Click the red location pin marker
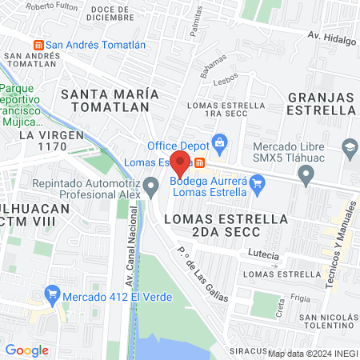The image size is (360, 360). pos(181,162)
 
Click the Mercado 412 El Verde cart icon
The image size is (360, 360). pos(54,294)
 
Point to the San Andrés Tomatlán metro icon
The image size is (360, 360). pos(36,45)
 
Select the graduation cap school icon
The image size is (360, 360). pos(350,147)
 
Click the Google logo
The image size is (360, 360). pos(26,350)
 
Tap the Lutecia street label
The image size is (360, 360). pos(263,255)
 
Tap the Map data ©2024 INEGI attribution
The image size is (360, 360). pos(312,353)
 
